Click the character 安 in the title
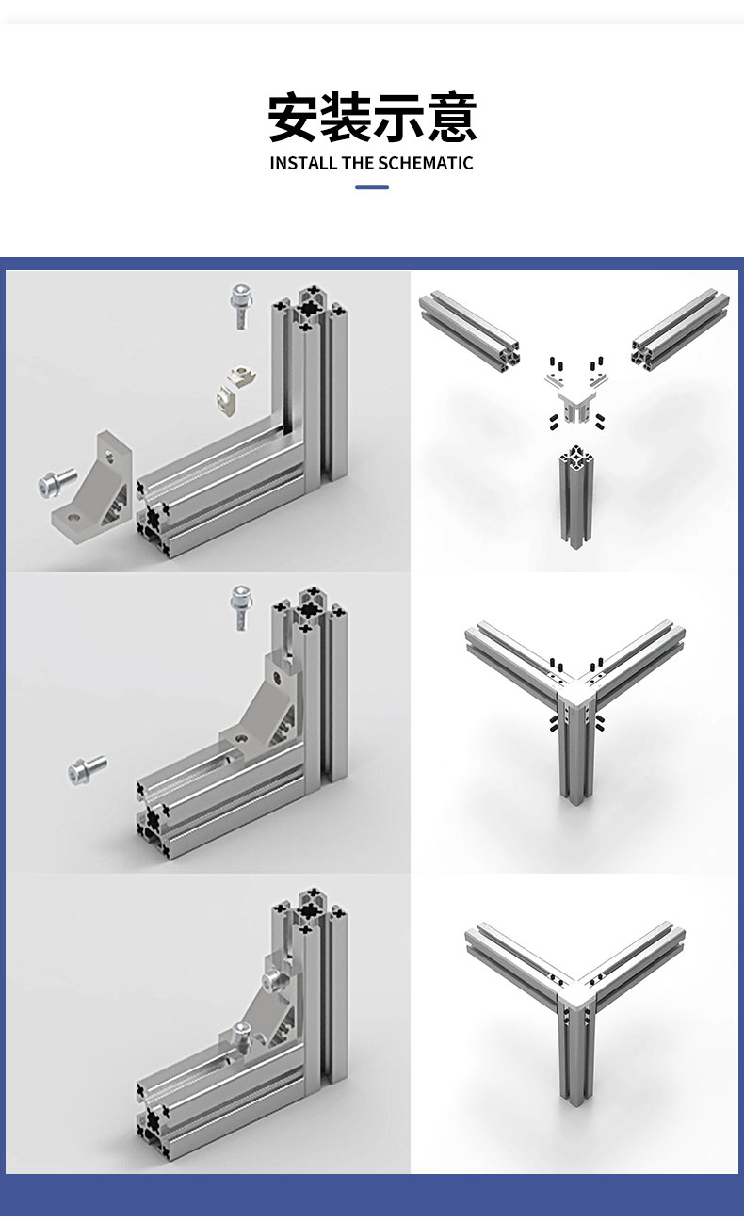point(293,117)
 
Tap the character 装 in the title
point(346,117)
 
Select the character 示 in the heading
point(398,117)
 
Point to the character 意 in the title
point(451,117)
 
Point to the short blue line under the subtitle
point(372,187)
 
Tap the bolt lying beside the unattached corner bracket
point(57,483)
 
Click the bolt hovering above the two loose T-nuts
point(241,307)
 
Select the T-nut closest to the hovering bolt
point(241,377)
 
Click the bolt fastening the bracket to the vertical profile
point(273,980)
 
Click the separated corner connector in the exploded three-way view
point(576,396)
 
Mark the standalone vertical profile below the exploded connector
point(575,496)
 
